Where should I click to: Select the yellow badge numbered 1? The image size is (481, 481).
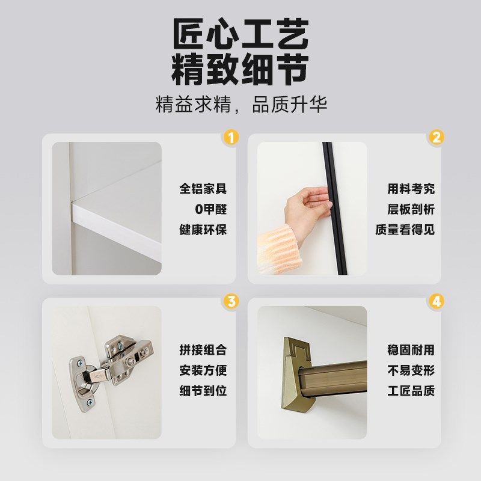click(230, 137)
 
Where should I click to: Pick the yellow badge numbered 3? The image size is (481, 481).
click(230, 301)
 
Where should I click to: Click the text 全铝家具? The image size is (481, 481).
click(203, 189)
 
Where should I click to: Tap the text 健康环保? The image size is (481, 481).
click(203, 230)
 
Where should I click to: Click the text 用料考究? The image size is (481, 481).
click(411, 189)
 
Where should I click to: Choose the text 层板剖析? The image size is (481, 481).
click(411, 209)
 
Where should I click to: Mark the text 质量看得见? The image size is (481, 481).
click(405, 230)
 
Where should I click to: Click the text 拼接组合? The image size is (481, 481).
click(203, 350)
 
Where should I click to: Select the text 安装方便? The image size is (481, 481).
click(203, 370)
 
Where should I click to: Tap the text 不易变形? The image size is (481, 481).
click(411, 370)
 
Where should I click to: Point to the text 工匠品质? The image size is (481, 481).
click(411, 391)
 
